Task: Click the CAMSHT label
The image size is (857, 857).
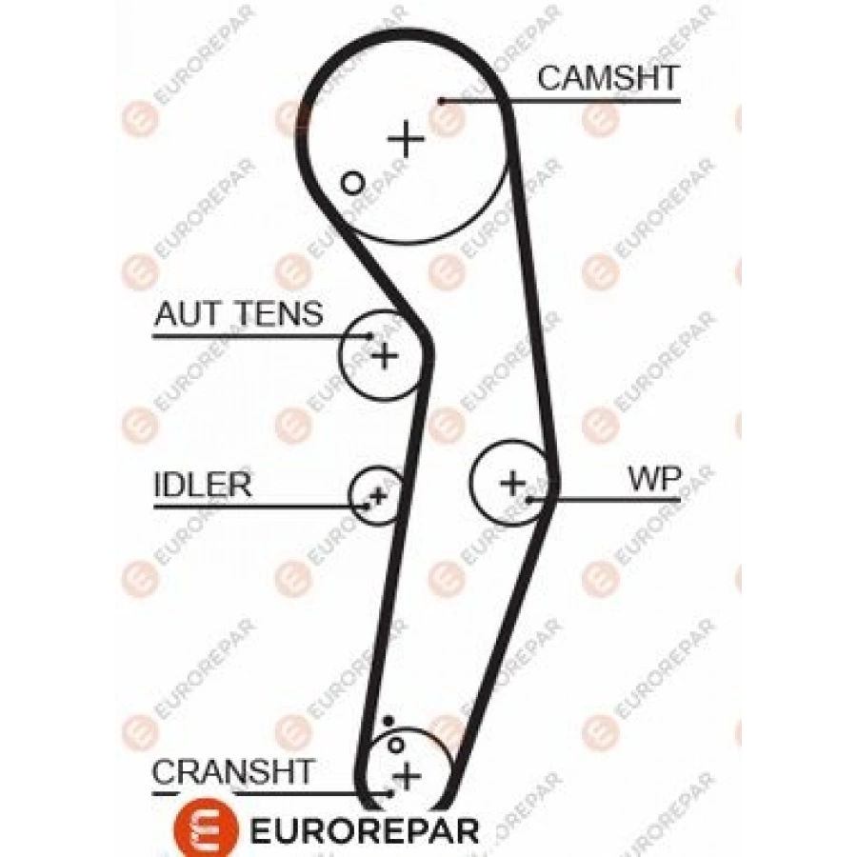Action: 608,78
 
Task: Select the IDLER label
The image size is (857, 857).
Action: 203,485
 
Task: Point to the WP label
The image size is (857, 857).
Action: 655,478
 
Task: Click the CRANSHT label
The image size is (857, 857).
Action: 232,771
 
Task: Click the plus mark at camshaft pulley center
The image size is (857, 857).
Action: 406,139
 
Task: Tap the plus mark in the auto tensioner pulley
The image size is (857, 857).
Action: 386,356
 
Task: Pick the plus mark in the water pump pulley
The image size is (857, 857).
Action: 512,483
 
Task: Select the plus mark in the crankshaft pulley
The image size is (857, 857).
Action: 408,776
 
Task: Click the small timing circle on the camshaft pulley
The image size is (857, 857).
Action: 352,183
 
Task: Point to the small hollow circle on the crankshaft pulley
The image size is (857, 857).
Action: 395,745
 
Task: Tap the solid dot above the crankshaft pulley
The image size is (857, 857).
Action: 389,722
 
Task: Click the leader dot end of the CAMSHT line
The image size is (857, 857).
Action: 442,101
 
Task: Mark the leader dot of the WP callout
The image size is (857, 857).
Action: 528,499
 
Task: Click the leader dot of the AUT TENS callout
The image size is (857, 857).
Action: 370,335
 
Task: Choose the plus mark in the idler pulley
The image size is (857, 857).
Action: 378,496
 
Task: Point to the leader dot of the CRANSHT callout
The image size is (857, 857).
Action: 390,792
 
